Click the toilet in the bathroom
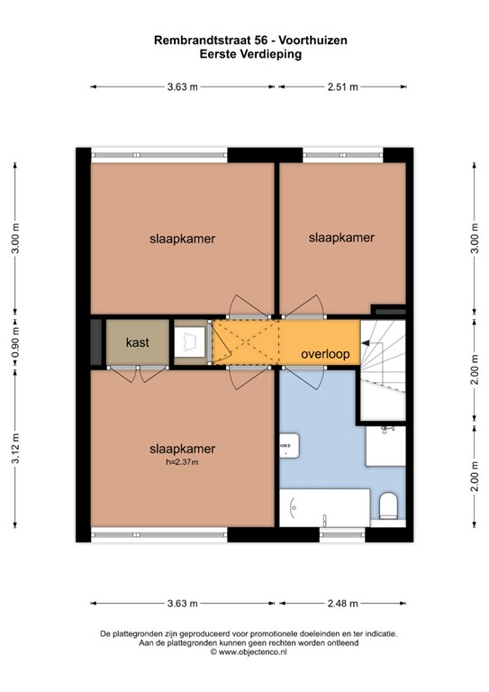[x=388, y=505]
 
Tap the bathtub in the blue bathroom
[x=324, y=507]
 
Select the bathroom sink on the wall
[x=290, y=445]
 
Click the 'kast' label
[x=138, y=342]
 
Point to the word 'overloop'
[x=325, y=354]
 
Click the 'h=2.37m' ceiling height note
[x=182, y=462]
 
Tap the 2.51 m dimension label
[x=342, y=86]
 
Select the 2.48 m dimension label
[x=342, y=604]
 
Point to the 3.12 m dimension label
[x=15, y=449]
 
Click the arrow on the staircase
[x=366, y=342]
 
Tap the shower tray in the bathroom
[x=385, y=446]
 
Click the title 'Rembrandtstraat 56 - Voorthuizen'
[x=250, y=41]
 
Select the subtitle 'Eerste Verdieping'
[x=250, y=54]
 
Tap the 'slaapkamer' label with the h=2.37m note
[x=182, y=449]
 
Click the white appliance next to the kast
[x=190, y=342]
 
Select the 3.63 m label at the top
[x=183, y=86]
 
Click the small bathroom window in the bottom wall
[x=342, y=535]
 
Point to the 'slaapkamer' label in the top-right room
[x=341, y=238]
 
